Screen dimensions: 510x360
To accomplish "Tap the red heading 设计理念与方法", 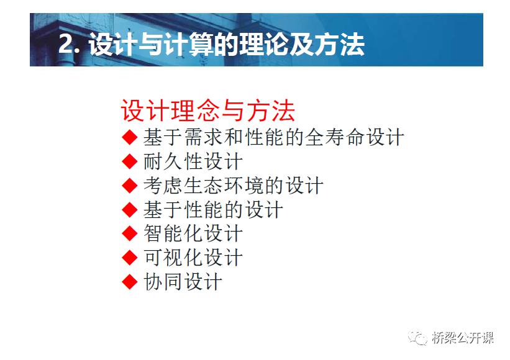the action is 207,111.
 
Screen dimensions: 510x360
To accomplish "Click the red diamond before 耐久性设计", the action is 130,161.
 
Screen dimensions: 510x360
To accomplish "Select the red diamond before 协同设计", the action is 130,282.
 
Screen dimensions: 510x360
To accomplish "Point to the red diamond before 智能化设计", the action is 130,233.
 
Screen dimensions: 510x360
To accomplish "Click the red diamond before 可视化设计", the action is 130,258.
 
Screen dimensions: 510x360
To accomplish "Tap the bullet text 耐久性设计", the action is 193,161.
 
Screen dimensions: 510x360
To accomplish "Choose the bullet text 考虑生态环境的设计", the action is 233,186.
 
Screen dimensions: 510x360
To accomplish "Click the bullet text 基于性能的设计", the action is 213,210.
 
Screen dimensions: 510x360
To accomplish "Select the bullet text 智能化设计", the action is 193,233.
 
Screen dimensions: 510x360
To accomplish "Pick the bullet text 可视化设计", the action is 193,258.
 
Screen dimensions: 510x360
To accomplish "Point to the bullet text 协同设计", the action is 183,282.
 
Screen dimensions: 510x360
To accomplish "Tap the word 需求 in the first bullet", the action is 203,137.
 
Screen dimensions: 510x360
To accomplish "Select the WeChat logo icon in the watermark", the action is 417,338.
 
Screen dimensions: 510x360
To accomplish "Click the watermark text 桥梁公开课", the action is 463,338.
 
